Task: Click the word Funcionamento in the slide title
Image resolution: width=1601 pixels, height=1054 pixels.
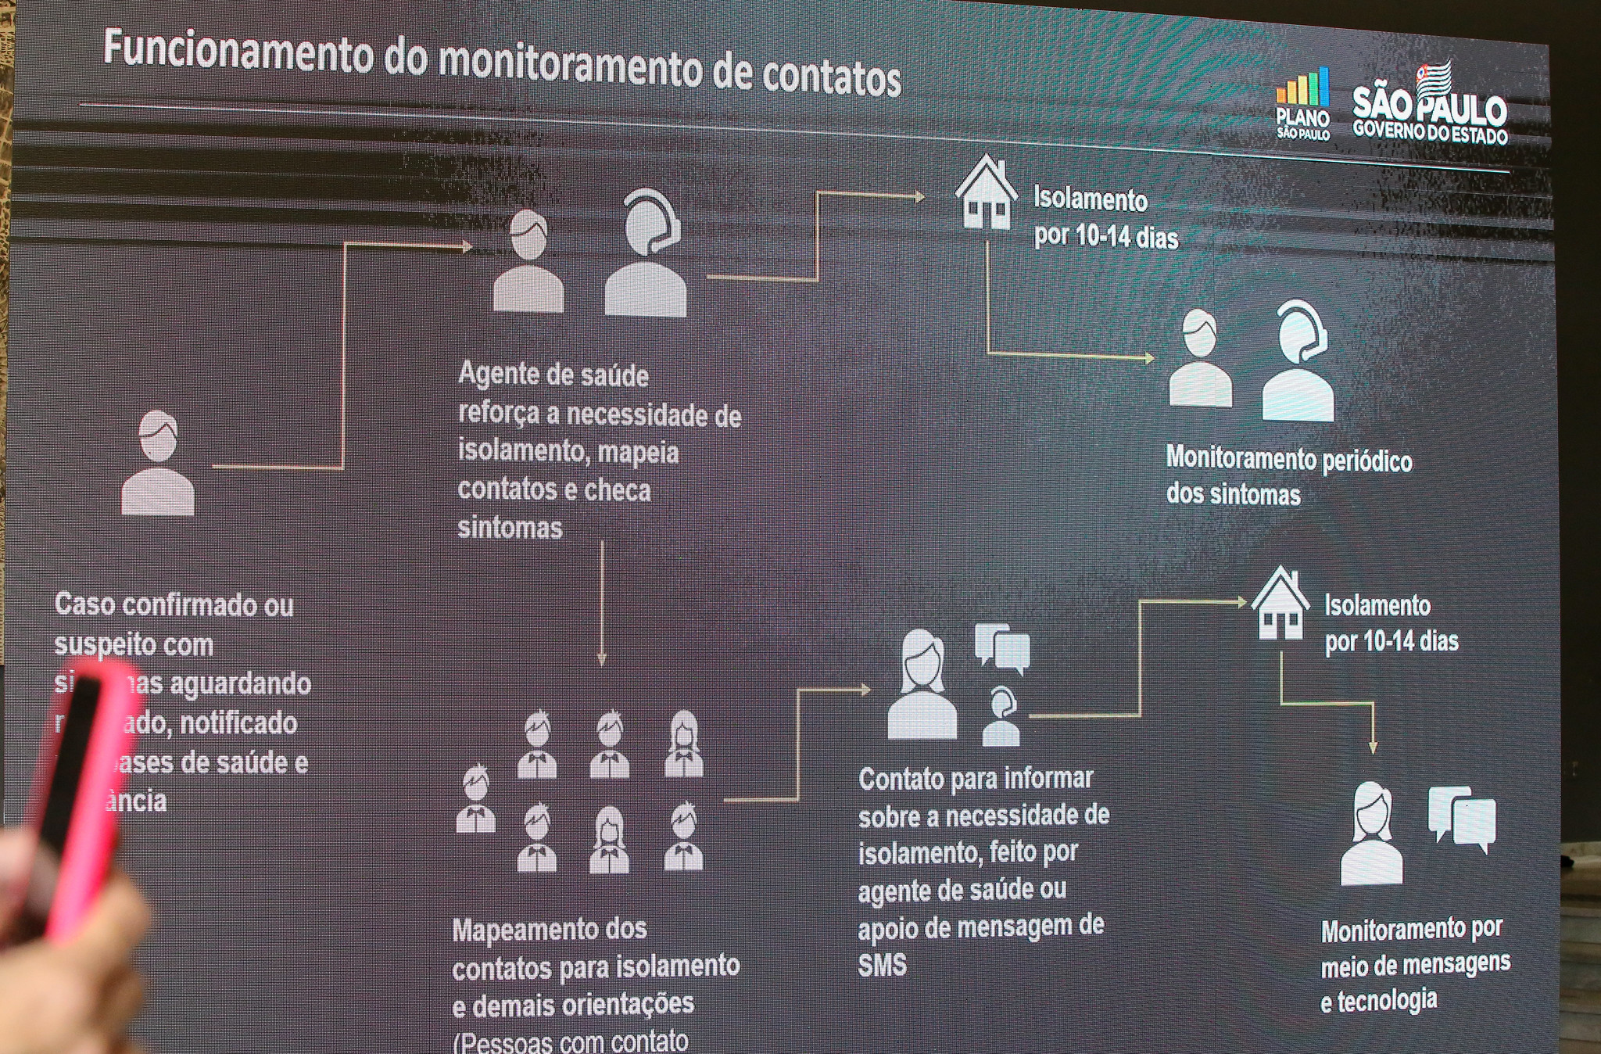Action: [x=238, y=52]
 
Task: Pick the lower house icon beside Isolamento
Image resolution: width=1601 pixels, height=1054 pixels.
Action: [x=1280, y=603]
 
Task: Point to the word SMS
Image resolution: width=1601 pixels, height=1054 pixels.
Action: [x=882, y=966]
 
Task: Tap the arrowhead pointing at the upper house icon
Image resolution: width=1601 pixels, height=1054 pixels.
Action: [x=919, y=197]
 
